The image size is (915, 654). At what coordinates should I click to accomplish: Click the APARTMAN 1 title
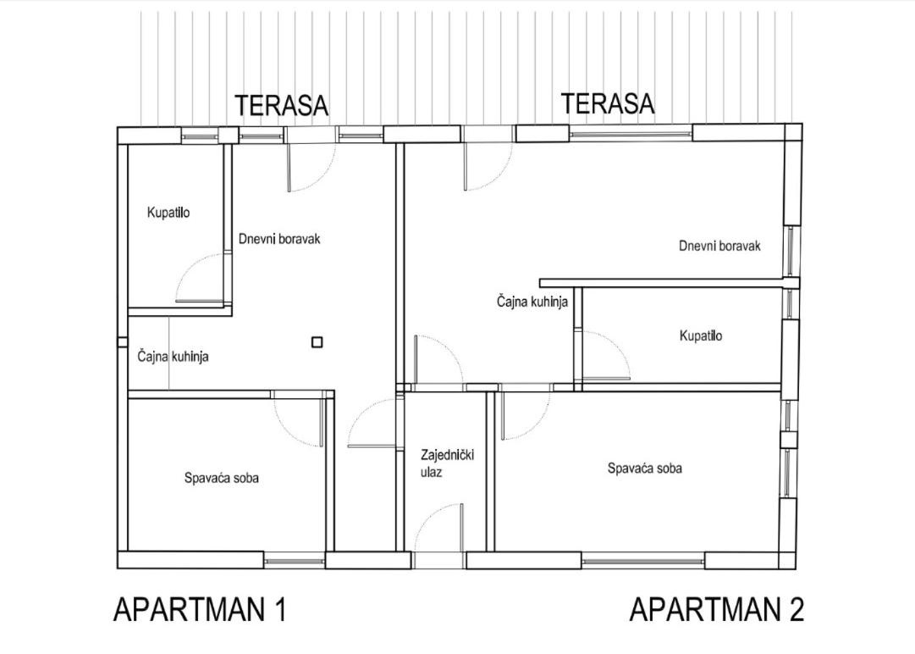click(x=200, y=610)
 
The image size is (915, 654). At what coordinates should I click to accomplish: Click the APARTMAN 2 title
click(x=717, y=610)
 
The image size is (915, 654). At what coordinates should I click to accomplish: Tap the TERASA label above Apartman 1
click(x=282, y=106)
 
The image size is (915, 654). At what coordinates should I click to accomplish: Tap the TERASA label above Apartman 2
click(x=608, y=103)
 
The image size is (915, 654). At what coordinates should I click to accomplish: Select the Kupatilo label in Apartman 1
click(x=168, y=213)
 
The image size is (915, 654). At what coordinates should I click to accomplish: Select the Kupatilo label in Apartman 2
click(x=701, y=335)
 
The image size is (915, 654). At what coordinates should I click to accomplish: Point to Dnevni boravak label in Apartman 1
click(x=279, y=239)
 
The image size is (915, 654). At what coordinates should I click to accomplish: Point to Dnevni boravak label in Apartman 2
click(x=719, y=246)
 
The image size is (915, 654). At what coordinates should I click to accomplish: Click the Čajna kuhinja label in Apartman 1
click(x=174, y=356)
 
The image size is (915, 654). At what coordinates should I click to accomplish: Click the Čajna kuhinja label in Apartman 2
click(x=532, y=302)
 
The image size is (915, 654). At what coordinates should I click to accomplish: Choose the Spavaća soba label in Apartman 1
click(x=222, y=479)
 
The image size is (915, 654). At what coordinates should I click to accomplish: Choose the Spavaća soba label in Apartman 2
click(x=645, y=468)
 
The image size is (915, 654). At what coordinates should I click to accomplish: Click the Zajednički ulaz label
click(x=447, y=463)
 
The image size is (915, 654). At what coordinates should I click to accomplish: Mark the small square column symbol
click(x=317, y=342)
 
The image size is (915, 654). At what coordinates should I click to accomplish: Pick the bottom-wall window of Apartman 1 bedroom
click(x=295, y=561)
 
